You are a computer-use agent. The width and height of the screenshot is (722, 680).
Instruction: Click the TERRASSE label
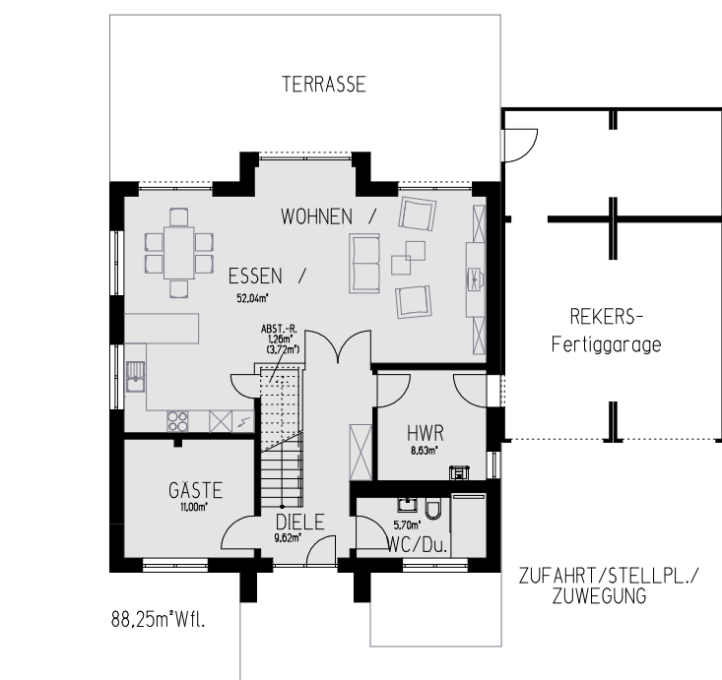[x=324, y=85]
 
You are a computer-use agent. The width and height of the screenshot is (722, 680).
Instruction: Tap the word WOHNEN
[x=317, y=216]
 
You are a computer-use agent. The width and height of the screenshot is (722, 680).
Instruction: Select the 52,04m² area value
[x=252, y=298]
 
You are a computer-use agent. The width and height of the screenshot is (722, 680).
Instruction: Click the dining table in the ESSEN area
[x=178, y=252]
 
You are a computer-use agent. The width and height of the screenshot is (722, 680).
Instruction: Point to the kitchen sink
[x=135, y=377]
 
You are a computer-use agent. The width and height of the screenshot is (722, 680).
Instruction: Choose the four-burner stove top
[x=177, y=421]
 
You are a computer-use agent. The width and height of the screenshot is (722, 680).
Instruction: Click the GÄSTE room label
[x=196, y=489]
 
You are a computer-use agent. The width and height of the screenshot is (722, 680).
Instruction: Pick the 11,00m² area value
[x=194, y=507]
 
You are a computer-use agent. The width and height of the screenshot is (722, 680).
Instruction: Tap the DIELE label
[x=300, y=523]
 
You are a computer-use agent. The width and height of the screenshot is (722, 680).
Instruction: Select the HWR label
[x=426, y=433]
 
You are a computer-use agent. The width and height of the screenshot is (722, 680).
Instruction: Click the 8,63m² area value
[x=425, y=451]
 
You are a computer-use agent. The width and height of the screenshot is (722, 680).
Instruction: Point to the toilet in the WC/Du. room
[x=432, y=508]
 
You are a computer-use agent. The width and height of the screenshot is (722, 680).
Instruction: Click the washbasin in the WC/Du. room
[x=408, y=504]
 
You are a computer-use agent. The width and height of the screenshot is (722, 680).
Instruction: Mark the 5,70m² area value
[x=407, y=525]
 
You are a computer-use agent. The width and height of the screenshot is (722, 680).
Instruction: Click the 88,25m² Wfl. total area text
[x=158, y=620]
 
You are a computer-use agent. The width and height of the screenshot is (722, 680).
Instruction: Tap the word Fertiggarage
[x=607, y=344]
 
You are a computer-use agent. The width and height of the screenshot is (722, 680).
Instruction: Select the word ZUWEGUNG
[x=600, y=595]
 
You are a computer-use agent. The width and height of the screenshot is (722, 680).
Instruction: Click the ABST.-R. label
[x=279, y=329]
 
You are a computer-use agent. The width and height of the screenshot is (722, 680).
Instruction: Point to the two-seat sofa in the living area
[x=364, y=263]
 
